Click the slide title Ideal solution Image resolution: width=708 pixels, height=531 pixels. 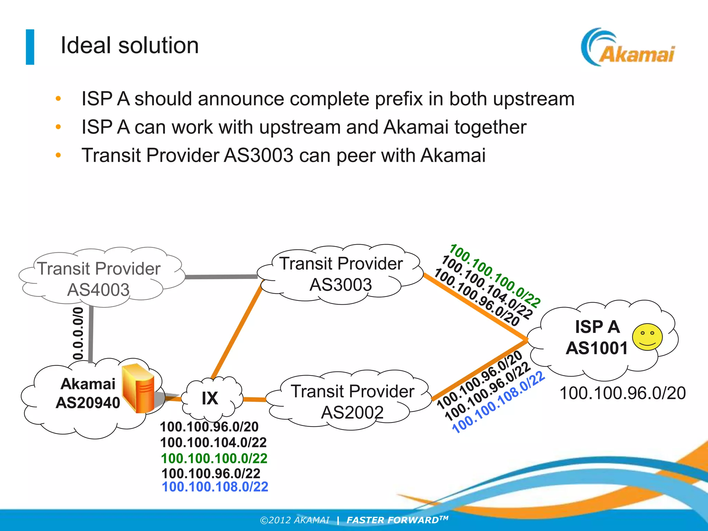tap(130, 45)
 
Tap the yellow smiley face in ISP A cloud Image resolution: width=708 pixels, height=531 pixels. tap(647, 337)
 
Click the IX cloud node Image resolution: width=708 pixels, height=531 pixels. tap(210, 398)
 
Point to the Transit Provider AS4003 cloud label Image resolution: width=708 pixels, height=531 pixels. tap(99, 279)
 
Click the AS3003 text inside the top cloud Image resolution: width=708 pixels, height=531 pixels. tap(341, 285)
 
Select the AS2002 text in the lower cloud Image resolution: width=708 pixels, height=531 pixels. tap(352, 412)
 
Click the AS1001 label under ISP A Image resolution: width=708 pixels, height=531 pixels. tap(597, 348)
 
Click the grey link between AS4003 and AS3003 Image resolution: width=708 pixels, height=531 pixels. tap(221, 277)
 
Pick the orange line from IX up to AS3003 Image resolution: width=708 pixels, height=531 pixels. tap(237, 332)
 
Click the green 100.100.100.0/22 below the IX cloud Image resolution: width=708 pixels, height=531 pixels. tap(214, 458)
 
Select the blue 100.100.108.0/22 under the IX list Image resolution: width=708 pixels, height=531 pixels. tap(215, 487)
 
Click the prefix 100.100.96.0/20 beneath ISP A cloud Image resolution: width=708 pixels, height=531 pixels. tap(622, 393)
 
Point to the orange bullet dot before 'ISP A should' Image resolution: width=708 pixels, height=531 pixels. tap(58, 99)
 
